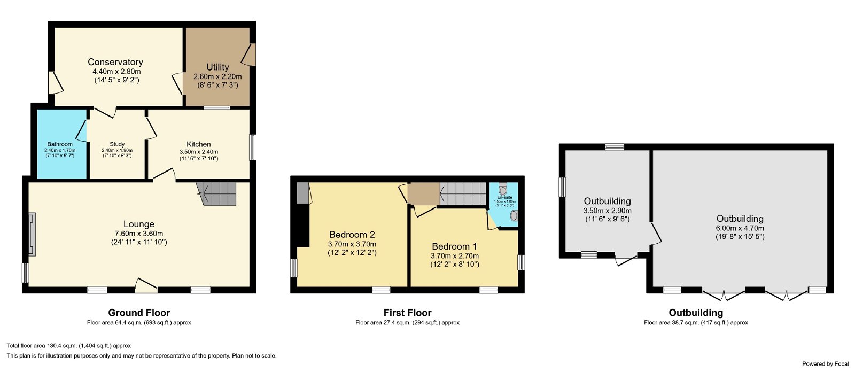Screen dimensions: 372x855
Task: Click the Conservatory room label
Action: (115, 62)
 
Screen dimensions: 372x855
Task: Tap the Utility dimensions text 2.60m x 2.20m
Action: (217, 76)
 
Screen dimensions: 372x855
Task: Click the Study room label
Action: (117, 144)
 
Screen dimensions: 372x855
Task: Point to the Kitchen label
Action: (199, 144)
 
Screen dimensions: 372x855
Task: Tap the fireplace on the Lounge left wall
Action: (32, 234)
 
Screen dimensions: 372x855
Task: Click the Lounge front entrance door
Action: (146, 286)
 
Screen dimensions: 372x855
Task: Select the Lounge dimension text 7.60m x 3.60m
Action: (139, 234)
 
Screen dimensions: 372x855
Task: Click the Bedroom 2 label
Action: (352, 235)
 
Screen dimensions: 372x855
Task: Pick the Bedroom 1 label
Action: (455, 246)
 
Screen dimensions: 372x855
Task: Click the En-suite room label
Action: (504, 197)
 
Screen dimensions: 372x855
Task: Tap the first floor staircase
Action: (463, 193)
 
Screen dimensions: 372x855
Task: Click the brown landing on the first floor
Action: (423, 194)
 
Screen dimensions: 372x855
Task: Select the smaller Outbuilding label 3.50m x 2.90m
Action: (607, 211)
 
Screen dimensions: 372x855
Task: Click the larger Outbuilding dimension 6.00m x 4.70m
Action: (740, 228)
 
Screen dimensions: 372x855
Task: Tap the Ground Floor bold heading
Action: (139, 313)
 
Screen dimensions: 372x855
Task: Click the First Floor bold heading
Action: (407, 313)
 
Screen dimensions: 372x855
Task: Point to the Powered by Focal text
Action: (825, 363)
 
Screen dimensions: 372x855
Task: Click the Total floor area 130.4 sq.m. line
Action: (69, 346)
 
